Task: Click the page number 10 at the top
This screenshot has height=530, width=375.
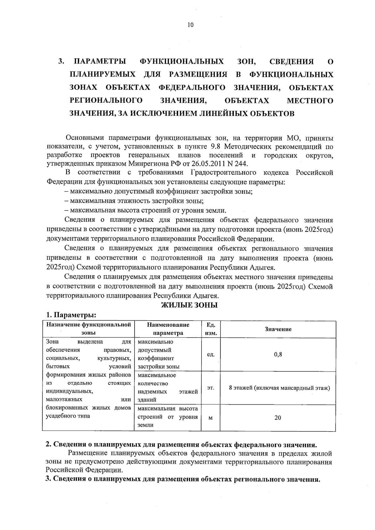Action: (x=190, y=25)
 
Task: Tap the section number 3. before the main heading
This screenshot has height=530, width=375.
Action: (x=61, y=61)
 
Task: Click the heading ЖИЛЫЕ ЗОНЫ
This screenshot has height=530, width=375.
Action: (x=189, y=305)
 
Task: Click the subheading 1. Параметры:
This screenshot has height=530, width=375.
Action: (x=71, y=314)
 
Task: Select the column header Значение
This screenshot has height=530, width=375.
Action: (x=278, y=329)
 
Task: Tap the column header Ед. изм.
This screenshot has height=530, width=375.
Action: (x=211, y=329)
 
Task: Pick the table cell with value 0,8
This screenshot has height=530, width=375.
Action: (x=278, y=354)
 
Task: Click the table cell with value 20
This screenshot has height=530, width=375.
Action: (x=277, y=417)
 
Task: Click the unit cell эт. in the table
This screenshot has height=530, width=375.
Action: (x=211, y=388)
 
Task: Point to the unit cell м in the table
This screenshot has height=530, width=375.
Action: (x=211, y=418)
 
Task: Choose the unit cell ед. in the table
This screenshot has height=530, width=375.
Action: (x=211, y=355)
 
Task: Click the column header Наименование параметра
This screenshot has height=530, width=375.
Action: (x=168, y=329)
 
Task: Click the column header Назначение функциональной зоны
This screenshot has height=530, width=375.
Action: (x=88, y=329)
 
